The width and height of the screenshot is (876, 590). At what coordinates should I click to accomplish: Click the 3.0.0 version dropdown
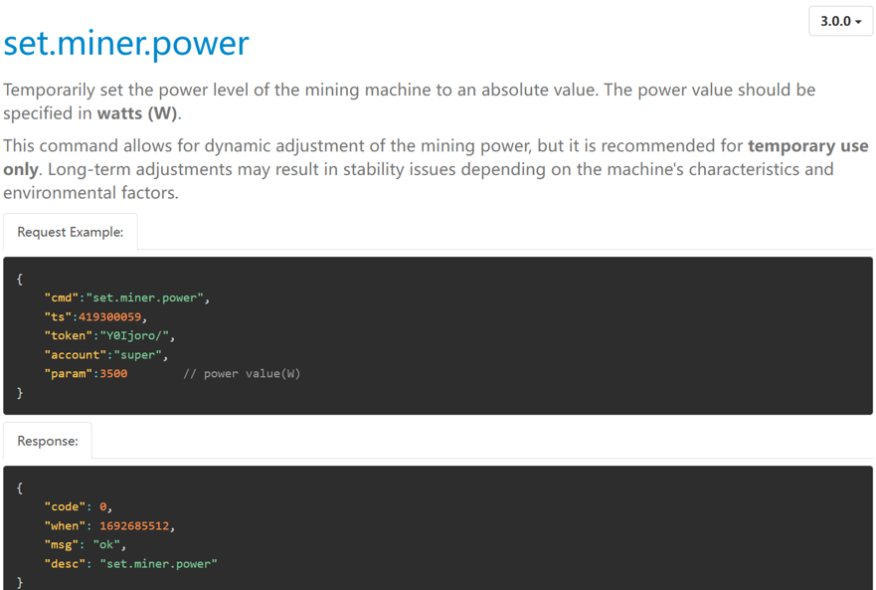(840, 21)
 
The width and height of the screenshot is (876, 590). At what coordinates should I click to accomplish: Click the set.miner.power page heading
(126, 44)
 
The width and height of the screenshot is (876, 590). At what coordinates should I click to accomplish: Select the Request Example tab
(71, 232)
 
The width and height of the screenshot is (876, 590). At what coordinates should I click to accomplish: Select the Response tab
(48, 441)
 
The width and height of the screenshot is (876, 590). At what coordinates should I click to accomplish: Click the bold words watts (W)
(137, 113)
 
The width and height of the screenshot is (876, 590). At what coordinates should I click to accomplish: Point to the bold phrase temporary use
(807, 145)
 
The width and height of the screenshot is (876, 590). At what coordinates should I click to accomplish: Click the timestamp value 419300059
(109, 316)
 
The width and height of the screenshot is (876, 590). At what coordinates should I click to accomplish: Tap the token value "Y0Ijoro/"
(134, 335)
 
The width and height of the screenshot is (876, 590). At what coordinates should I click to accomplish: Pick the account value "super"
(138, 354)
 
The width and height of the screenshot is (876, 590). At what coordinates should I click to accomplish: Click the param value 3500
(113, 373)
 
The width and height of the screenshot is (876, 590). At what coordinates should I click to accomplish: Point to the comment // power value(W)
(242, 373)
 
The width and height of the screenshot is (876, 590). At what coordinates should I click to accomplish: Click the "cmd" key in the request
(62, 297)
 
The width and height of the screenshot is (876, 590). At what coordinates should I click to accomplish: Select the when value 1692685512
(134, 525)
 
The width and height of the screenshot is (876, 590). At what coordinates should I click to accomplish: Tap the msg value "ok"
(106, 544)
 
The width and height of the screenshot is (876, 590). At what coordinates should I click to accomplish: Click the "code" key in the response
(65, 506)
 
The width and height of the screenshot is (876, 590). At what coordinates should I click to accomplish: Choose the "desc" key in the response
(65, 564)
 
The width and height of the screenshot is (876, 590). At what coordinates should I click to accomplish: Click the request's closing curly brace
(20, 393)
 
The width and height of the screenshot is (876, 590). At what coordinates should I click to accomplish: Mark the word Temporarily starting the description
(49, 90)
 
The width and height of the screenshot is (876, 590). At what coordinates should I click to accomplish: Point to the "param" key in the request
(69, 373)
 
